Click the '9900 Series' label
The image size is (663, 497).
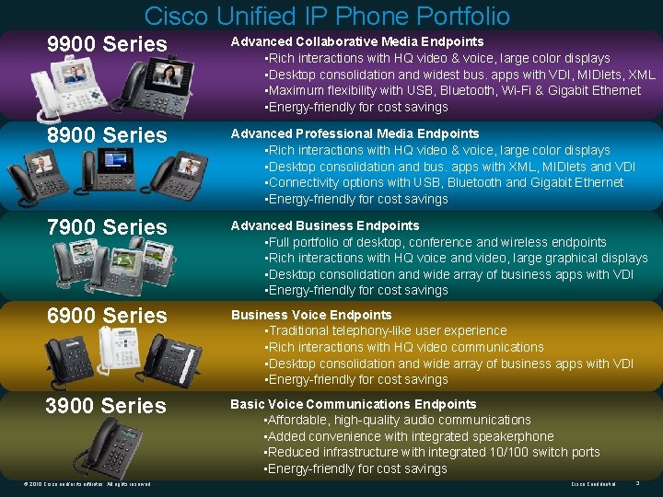tap(107, 43)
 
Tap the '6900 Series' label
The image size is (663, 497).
tap(107, 315)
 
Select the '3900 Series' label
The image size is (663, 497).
tap(106, 405)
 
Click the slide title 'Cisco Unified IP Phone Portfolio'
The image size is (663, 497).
tap(327, 16)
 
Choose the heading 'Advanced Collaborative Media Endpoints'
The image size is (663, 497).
tap(357, 41)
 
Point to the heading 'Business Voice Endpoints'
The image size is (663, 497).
tap(311, 315)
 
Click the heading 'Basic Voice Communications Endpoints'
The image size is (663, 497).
tap(354, 404)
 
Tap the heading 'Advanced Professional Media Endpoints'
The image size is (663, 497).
tap(355, 133)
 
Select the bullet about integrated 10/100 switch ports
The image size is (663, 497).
tap(432, 452)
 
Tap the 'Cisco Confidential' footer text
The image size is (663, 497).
tap(594, 484)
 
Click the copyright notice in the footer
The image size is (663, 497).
tap(84, 484)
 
